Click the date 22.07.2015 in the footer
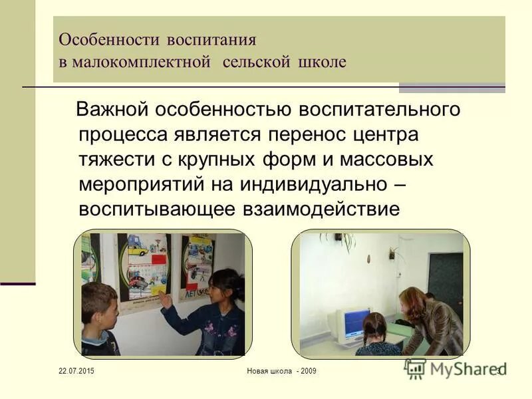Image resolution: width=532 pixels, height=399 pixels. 76,370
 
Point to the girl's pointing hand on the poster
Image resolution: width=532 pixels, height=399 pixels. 164,301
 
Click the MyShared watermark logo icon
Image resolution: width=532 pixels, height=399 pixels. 416,368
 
